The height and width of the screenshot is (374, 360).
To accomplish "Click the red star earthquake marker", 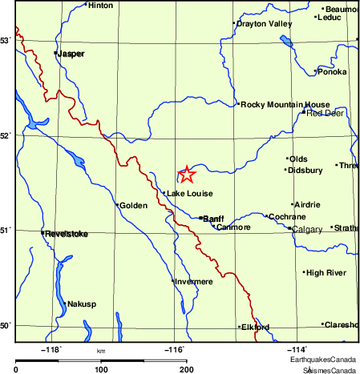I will (186, 175).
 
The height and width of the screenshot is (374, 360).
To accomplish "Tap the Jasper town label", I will (71, 54).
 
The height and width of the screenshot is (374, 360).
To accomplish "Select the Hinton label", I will (101, 5).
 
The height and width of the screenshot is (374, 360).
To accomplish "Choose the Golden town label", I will (134, 206).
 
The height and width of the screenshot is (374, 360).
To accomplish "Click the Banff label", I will (213, 218).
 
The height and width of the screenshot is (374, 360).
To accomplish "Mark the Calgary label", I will (308, 229).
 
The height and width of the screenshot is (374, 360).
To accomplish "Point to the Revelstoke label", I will (66, 234).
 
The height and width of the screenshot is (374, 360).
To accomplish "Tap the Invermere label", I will (194, 282).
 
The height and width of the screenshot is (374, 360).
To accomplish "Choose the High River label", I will (326, 273).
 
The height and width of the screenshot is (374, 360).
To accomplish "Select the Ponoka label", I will (332, 72).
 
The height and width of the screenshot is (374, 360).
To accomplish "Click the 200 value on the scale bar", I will (186, 369).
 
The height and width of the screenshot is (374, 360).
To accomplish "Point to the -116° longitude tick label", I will (175, 348).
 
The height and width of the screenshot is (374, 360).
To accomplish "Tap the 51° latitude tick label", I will (6, 231).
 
